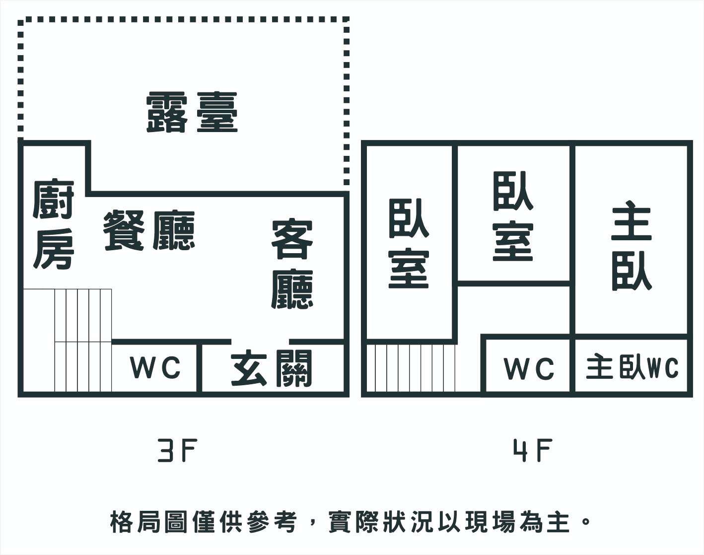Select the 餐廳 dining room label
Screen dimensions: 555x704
pos(149,230)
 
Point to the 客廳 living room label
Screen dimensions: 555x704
pos(292,264)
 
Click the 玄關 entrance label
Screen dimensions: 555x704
pos(272,368)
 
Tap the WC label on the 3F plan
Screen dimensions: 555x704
pos(155,368)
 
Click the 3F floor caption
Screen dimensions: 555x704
pos(178,451)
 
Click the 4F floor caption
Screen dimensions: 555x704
pos(532,451)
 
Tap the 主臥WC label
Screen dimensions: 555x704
pos(632,368)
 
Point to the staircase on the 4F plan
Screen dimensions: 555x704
pos(411,368)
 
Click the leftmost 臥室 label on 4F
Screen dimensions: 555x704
pos(409,243)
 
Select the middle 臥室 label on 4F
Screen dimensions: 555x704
pos(513,216)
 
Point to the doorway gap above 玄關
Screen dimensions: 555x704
pos(260,342)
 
